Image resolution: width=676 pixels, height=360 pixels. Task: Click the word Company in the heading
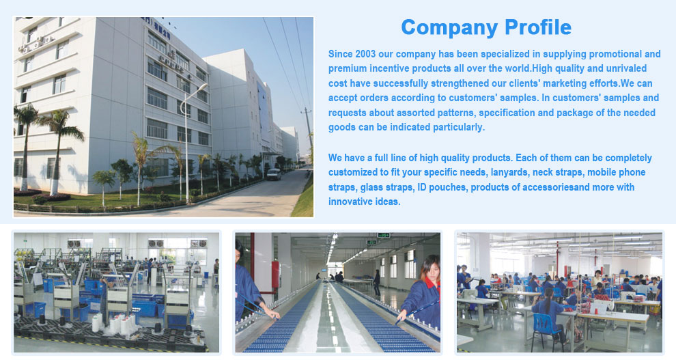[450, 28]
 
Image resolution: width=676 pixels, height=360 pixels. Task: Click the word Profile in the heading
[538, 27]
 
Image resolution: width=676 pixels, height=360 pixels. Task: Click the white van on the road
[274, 174]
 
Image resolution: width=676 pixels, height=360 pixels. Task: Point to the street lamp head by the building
[202, 86]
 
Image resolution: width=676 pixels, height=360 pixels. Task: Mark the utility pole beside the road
[307, 129]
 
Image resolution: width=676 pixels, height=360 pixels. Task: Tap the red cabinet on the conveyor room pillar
[274, 274]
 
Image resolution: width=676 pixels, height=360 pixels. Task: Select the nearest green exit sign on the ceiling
[383, 236]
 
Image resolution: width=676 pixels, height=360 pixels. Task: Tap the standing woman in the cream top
[597, 279]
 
